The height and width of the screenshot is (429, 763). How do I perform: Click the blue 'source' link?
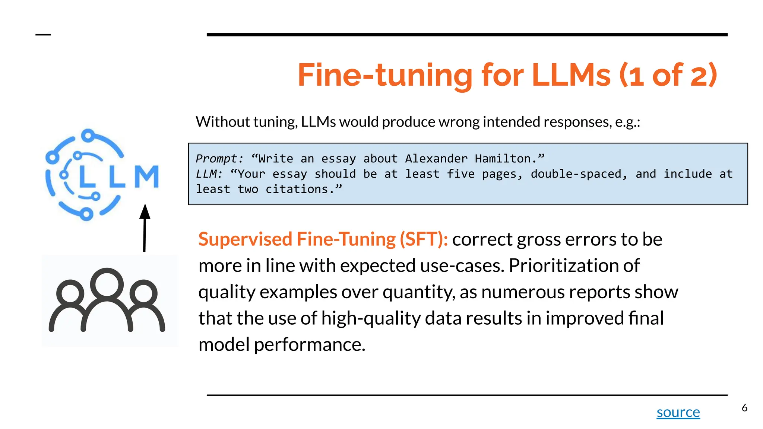(678, 412)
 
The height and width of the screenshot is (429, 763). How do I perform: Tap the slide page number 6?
(744, 408)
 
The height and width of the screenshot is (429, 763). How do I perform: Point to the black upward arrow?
(145, 227)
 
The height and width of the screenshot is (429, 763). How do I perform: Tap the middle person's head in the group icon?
(107, 283)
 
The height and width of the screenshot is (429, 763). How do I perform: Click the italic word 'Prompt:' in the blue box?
(219, 159)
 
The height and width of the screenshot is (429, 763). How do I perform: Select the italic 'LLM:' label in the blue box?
(209, 174)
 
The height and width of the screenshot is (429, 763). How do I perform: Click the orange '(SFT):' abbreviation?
(424, 239)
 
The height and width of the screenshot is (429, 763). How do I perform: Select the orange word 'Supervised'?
(245, 239)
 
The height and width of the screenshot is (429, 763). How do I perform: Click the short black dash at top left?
(43, 35)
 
